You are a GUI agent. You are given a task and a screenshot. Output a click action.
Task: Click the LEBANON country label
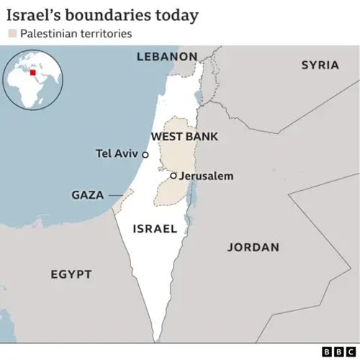pos(166,56)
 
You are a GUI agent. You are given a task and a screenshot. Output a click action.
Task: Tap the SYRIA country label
pos(320,65)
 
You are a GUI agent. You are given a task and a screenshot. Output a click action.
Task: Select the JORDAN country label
pos(253,247)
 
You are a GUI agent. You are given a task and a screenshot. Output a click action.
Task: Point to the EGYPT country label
pos(71,274)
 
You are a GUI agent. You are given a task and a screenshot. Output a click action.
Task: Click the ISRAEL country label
pos(155,229)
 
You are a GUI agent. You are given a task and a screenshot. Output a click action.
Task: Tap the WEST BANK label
pos(184,136)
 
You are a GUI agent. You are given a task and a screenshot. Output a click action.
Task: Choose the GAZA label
pos(87,195)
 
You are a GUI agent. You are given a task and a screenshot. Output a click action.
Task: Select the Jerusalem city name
pos(206,176)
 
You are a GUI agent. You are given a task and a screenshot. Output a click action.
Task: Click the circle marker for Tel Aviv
pos(145,154)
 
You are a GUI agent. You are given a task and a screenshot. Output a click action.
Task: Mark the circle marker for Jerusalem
pos(173,175)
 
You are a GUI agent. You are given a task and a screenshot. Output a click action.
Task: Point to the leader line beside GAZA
pos(115,195)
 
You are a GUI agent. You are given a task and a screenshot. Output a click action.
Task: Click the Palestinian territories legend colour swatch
pos(12,34)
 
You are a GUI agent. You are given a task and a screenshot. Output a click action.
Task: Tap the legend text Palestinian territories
pos(76,34)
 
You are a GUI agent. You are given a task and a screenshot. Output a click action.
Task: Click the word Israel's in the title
pos(30,14)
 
